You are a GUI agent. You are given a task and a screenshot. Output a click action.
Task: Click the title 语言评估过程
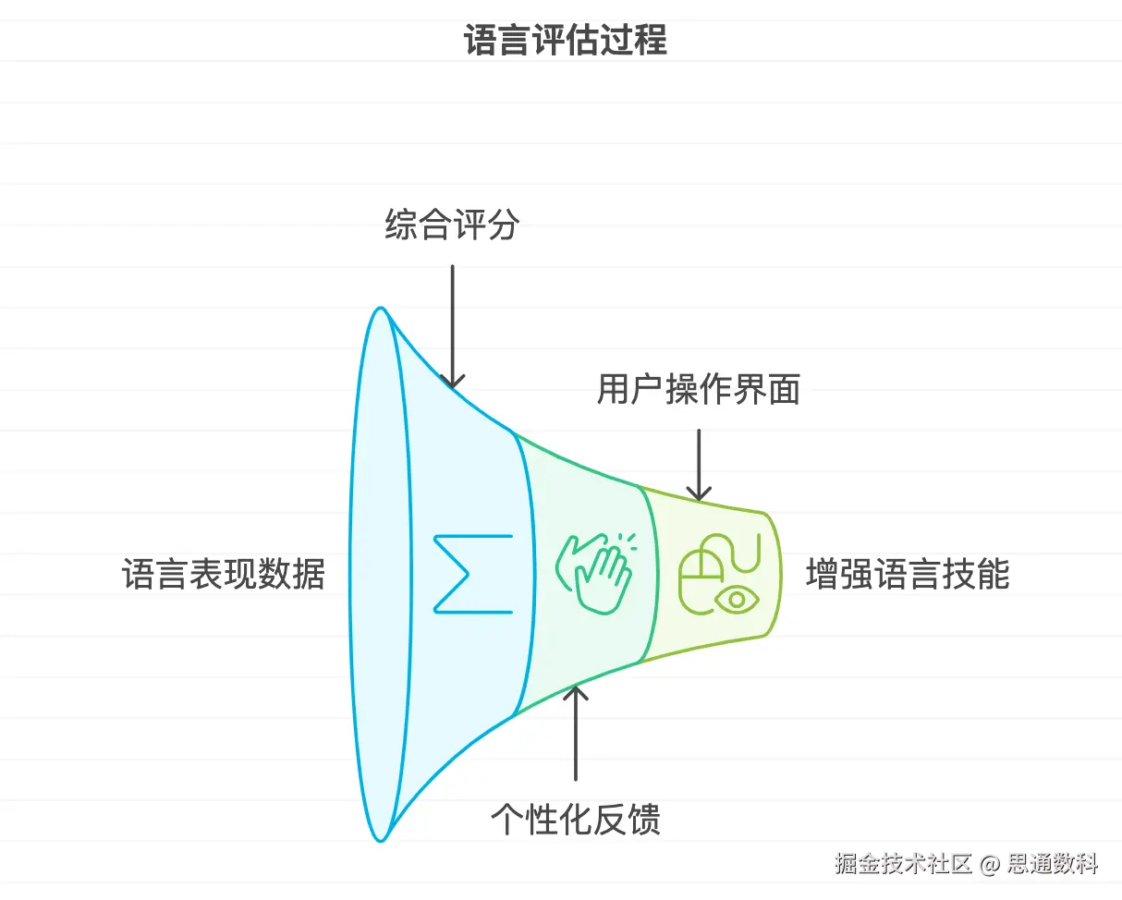click(x=565, y=42)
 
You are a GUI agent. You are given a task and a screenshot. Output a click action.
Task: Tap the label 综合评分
click(x=452, y=225)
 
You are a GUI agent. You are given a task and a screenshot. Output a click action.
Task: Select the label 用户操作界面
click(x=698, y=391)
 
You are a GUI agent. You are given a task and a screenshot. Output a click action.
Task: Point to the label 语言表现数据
click(x=224, y=574)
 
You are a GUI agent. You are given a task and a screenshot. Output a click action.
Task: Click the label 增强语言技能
click(x=908, y=574)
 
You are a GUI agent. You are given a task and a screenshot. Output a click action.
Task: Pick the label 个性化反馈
click(x=575, y=820)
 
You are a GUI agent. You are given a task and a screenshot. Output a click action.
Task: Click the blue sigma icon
click(x=472, y=573)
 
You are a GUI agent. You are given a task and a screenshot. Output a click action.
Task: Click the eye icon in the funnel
click(x=737, y=599)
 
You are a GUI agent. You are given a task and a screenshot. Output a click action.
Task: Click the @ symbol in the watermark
click(x=989, y=866)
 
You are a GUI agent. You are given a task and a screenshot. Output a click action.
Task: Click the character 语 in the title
click(x=481, y=42)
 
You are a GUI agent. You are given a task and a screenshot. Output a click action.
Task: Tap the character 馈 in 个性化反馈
click(x=643, y=820)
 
